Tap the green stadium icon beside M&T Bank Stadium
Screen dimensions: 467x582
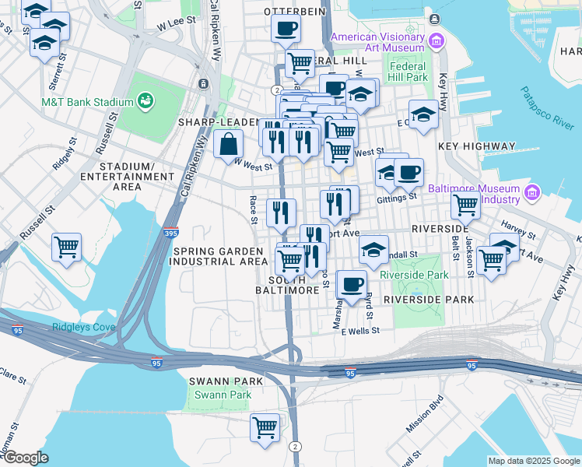coord(144,100)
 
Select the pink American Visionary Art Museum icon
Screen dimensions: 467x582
coord(436,40)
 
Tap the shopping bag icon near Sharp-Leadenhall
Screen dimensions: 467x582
coord(228,144)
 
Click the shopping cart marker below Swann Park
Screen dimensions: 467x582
coord(265,427)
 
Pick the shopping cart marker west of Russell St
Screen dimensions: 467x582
coord(66,248)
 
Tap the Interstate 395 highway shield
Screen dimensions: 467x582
coord(171,232)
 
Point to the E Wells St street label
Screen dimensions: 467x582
coord(360,331)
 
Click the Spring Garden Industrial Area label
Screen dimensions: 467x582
coord(220,256)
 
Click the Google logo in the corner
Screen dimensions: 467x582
coord(25,458)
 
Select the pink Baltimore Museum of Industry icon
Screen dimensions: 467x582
coord(533,192)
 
